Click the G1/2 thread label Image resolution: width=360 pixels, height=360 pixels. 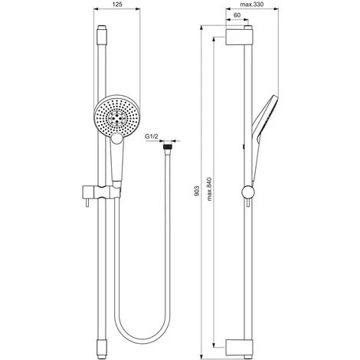pos(152,136)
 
